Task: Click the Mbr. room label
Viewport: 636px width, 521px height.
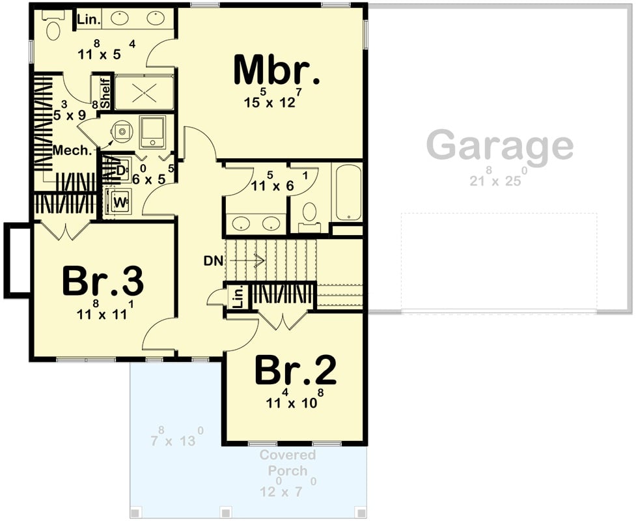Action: [x=277, y=70]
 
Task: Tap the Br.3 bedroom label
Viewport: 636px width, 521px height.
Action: [x=102, y=282]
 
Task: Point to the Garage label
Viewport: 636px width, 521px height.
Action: [x=501, y=145]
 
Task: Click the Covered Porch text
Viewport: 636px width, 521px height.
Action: [x=287, y=461]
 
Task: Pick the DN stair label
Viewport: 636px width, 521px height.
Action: [x=213, y=261]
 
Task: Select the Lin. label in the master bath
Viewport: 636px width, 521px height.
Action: [x=89, y=20]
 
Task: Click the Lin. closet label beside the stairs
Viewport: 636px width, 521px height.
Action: [x=238, y=297]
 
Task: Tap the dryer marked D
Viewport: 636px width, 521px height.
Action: [x=121, y=170]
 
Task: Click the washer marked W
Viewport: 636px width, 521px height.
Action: [x=120, y=201]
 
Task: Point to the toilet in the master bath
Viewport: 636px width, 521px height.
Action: [x=53, y=23]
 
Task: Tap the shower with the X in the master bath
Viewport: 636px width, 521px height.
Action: [x=144, y=92]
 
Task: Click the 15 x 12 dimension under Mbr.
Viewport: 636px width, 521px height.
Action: [x=273, y=102]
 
